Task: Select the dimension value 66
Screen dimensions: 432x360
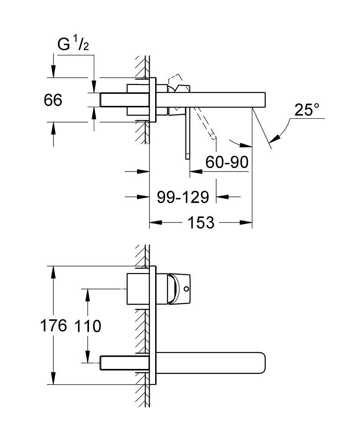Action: click(53, 100)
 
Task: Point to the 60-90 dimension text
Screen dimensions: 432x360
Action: click(226, 162)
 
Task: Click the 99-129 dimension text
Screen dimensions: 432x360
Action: click(182, 197)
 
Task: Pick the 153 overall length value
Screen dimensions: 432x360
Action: click(201, 223)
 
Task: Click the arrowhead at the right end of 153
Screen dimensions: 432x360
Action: click(248, 223)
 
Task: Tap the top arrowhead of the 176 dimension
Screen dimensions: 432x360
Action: click(53, 270)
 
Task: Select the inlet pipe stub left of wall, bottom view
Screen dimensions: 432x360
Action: click(121, 362)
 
